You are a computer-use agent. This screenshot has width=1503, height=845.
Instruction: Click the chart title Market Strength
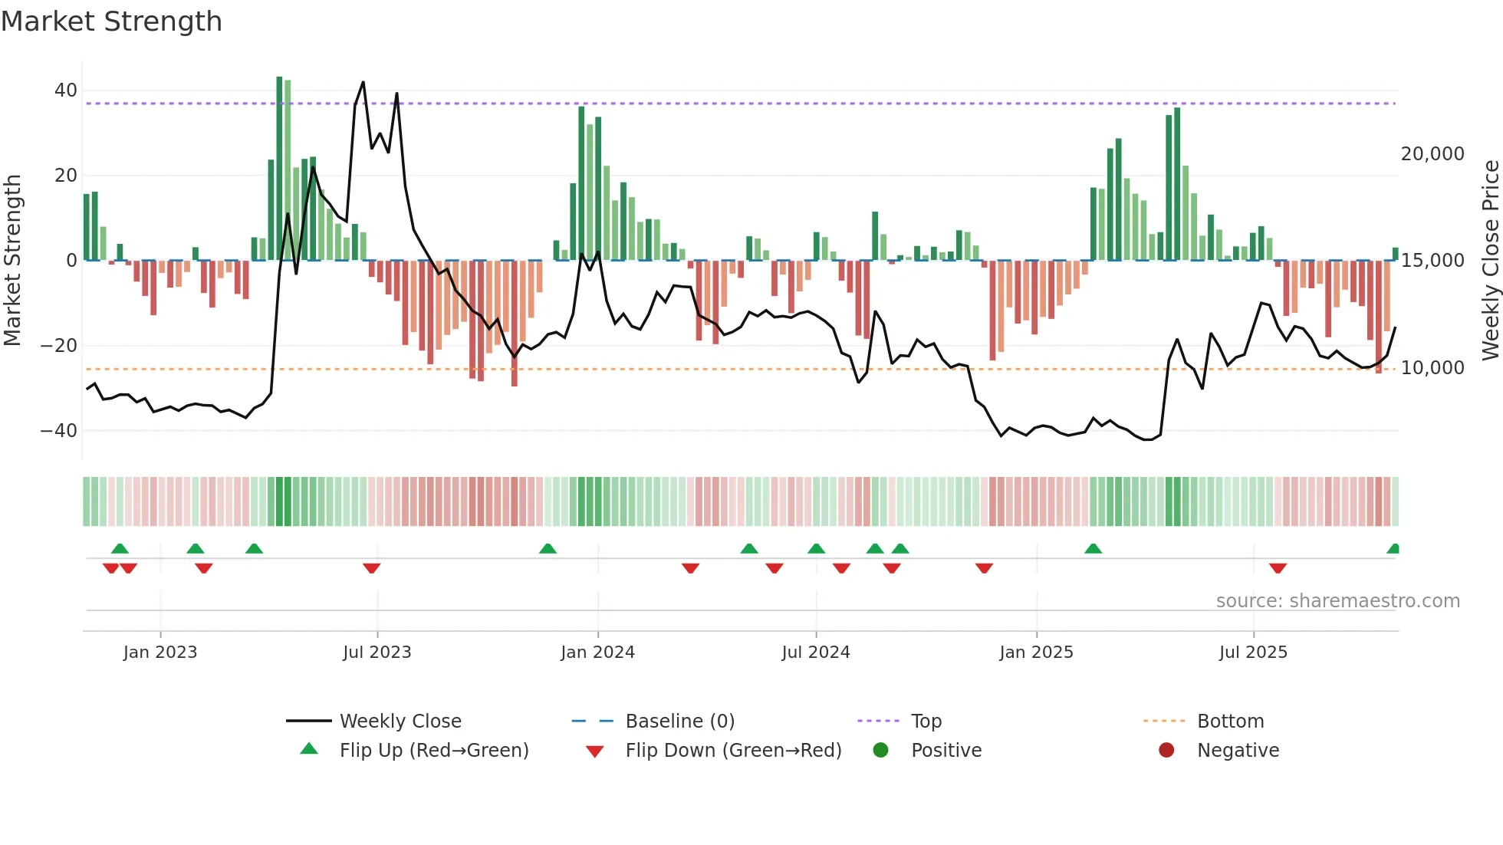(x=111, y=21)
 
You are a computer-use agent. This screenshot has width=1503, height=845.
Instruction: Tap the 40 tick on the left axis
(x=66, y=90)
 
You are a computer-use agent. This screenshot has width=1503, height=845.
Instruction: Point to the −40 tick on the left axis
(x=59, y=431)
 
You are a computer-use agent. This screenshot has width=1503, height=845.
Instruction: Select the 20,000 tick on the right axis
(x=1432, y=154)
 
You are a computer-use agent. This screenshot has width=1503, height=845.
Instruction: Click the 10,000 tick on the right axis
(x=1432, y=368)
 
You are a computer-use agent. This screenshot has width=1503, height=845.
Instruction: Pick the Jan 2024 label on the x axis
(x=597, y=653)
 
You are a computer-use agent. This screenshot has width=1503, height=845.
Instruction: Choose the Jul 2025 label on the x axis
(x=1253, y=653)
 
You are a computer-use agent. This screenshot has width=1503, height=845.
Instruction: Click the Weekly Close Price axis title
(x=1490, y=260)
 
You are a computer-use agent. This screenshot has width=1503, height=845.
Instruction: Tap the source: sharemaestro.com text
(x=1337, y=601)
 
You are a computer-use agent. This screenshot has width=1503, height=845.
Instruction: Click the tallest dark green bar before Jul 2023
(x=279, y=169)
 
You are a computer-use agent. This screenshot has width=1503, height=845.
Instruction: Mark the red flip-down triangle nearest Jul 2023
(x=372, y=568)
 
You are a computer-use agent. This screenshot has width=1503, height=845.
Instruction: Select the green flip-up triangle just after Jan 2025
(x=1093, y=548)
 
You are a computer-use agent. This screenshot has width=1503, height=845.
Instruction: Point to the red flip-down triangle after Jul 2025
(x=1278, y=568)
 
